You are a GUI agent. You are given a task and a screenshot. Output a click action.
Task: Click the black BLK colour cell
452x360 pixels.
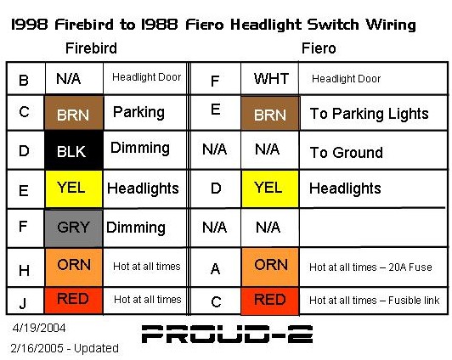click(74, 150)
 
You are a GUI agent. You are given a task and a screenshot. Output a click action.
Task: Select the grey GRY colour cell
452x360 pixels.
click(74, 228)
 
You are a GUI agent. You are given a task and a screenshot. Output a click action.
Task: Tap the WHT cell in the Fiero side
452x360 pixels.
click(270, 78)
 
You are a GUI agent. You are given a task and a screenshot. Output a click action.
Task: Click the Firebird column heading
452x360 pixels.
click(91, 48)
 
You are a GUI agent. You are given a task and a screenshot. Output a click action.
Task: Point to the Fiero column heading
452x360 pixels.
click(319, 48)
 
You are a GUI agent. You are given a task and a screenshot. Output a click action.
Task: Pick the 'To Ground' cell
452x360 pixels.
click(374, 150)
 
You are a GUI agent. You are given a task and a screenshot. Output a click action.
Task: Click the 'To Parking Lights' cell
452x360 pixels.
click(374, 113)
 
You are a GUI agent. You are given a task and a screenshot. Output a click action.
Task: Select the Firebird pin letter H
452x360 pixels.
click(24, 270)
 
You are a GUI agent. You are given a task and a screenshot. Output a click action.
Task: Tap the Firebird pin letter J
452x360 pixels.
click(22, 302)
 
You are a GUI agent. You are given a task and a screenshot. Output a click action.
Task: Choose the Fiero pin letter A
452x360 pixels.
click(215, 269)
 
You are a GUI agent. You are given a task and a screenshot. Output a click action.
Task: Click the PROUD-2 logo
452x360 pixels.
click(227, 334)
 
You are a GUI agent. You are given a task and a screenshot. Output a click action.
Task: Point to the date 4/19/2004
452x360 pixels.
click(39, 328)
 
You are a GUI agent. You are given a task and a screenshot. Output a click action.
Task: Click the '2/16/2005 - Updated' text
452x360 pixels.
click(65, 348)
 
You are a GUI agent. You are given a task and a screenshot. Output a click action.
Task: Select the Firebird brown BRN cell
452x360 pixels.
click(74, 113)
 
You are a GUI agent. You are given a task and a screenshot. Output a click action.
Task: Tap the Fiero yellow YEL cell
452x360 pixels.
click(270, 189)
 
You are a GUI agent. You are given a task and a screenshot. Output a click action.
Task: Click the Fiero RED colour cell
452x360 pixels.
click(270, 301)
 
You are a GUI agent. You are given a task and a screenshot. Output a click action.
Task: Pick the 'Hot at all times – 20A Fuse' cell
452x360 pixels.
click(374, 267)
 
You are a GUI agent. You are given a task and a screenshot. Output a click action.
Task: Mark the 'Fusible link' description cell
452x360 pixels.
click(374, 301)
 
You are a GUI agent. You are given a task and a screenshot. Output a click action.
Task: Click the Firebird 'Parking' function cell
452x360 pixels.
click(145, 113)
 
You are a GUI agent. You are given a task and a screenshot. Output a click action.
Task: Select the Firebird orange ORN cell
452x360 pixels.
click(74, 267)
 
